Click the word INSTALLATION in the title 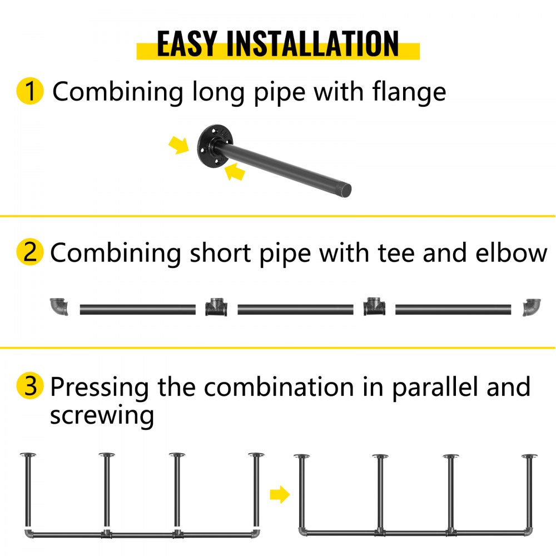pyautogui.click(x=312, y=43)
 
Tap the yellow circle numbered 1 pyautogui.click(x=30, y=91)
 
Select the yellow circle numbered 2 pyautogui.click(x=30, y=252)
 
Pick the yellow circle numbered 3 pyautogui.click(x=30, y=386)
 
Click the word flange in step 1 pyautogui.click(x=409, y=92)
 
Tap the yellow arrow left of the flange pyautogui.click(x=178, y=145)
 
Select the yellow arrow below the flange pyautogui.click(x=235, y=172)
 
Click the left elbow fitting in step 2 pyautogui.click(x=58, y=306)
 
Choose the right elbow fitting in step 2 pyautogui.click(x=532, y=307)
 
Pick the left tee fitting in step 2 pyautogui.click(x=216, y=307)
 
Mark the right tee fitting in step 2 pyautogui.click(x=374, y=307)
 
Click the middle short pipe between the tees pyautogui.click(x=295, y=310)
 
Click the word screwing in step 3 pyautogui.click(x=102, y=416)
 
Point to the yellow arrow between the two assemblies pyautogui.click(x=280, y=494)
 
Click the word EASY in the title pyautogui.click(x=187, y=43)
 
